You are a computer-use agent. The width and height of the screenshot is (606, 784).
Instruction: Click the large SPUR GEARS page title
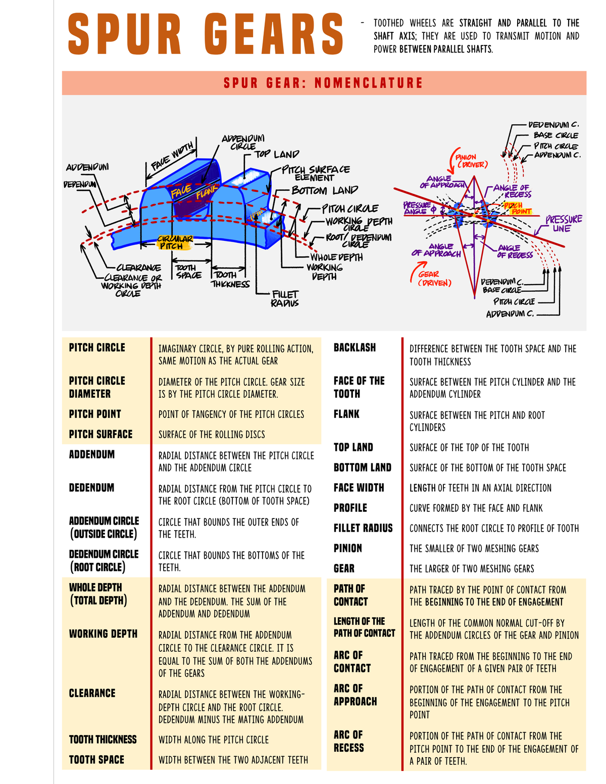coord(205,34)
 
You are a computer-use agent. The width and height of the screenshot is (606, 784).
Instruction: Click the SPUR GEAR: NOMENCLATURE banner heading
coord(323,83)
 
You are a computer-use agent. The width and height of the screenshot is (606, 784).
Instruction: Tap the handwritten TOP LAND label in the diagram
coord(276,154)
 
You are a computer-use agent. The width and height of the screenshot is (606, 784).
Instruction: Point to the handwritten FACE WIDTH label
coord(172,157)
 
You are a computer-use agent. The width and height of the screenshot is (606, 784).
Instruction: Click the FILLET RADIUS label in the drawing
coord(285,298)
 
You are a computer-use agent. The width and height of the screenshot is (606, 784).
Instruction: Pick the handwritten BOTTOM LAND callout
coord(325,190)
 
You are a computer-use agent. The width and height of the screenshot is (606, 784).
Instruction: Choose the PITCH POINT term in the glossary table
coord(95,414)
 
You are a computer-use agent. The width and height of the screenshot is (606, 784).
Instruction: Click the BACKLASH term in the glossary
coord(355,347)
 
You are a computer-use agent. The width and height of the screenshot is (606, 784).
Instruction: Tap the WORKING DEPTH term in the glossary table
coord(103,634)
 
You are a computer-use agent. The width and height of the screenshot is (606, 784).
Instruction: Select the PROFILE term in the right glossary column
coord(350,508)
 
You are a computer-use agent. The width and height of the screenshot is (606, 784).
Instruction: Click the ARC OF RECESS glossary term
coord(348,741)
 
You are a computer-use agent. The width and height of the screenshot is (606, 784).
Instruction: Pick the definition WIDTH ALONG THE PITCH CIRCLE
coord(214,740)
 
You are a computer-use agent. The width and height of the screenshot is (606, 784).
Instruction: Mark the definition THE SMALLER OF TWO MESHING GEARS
coord(474,548)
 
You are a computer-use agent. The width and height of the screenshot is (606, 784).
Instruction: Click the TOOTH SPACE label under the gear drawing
coord(188,271)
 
